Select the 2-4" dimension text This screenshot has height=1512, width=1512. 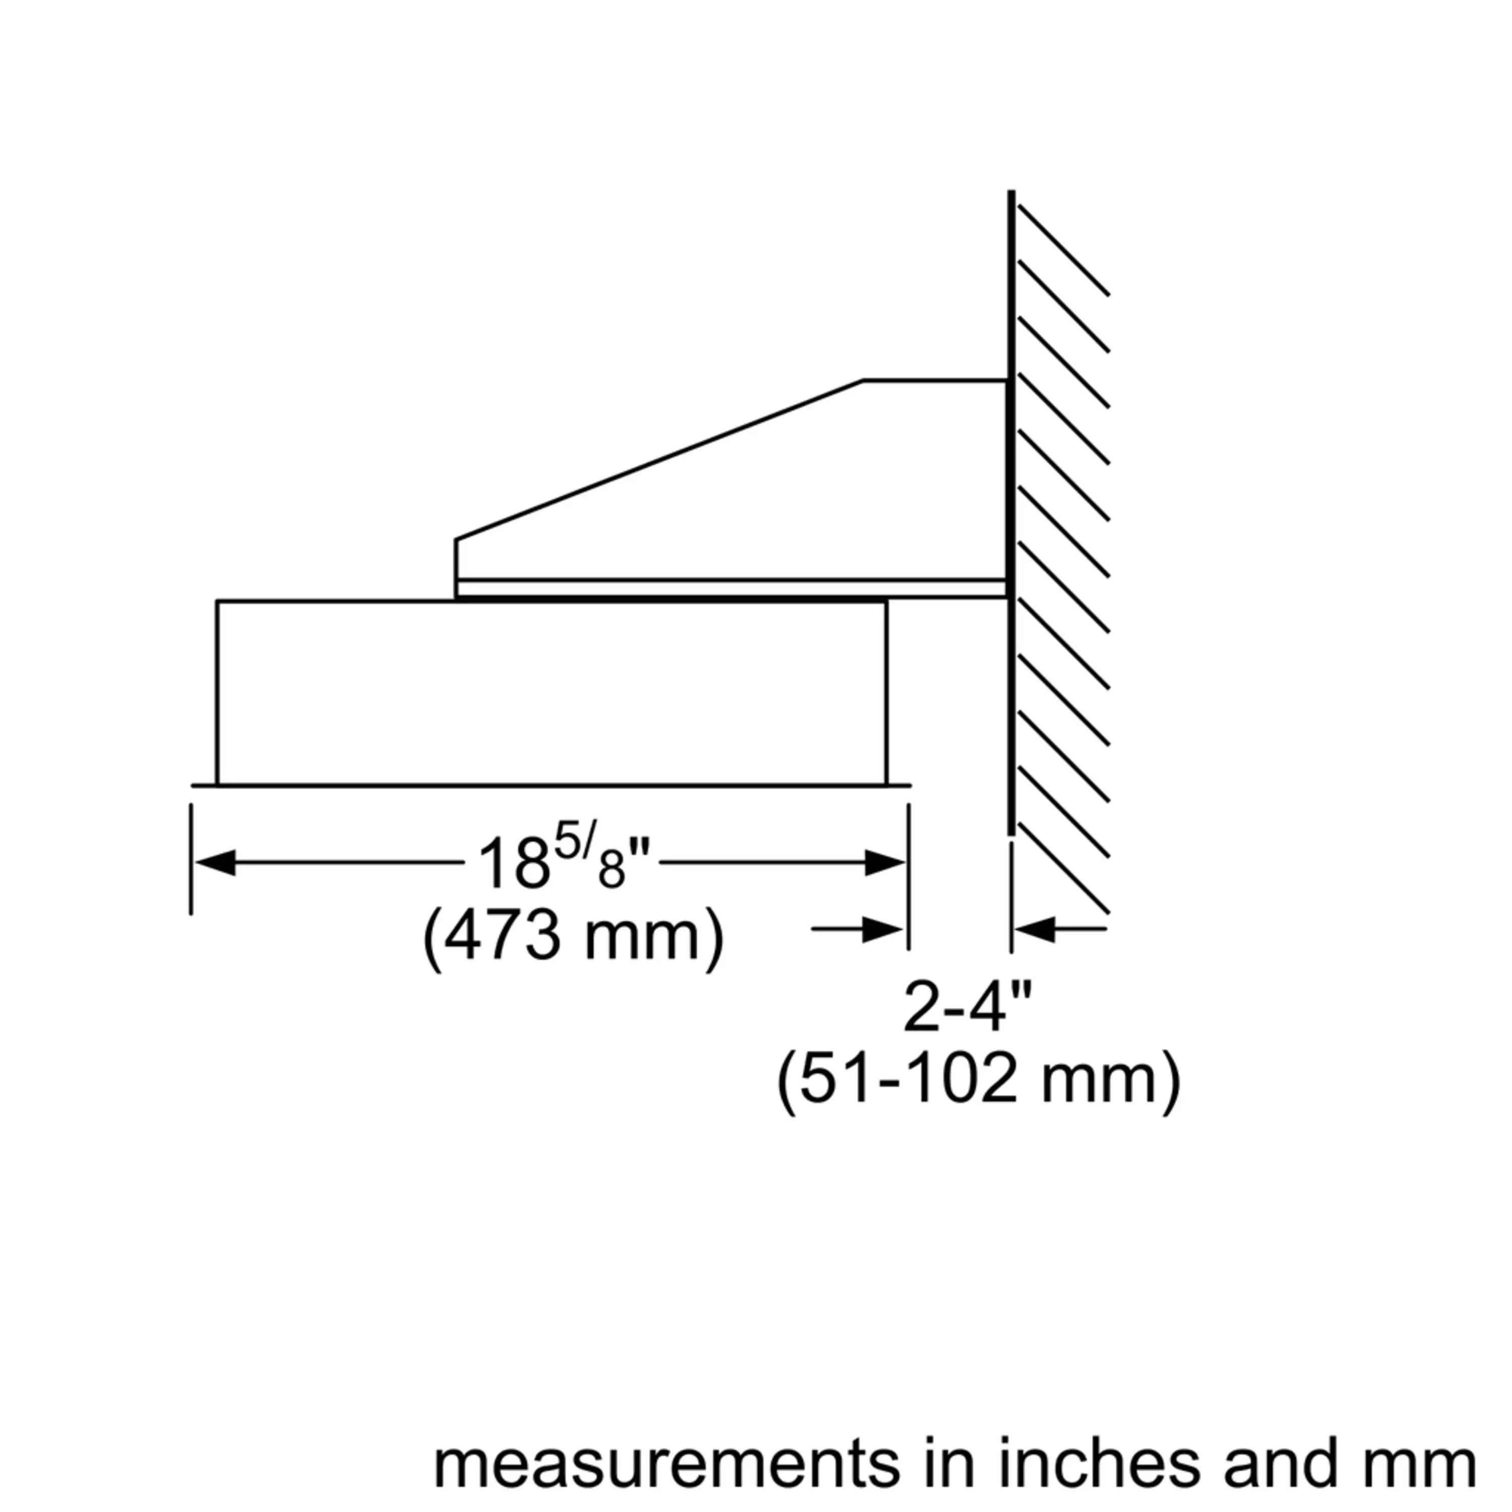click(x=968, y=1007)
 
